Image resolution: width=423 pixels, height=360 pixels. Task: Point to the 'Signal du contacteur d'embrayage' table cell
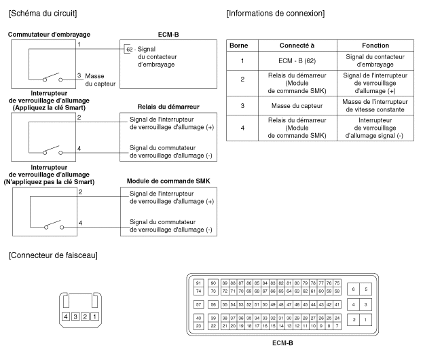(375, 60)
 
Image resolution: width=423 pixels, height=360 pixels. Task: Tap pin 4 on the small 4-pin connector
(66, 317)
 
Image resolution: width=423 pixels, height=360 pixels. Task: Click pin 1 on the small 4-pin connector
(95, 317)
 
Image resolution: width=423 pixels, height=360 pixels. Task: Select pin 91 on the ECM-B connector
(198, 283)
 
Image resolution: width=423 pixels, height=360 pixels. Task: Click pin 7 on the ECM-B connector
(336, 326)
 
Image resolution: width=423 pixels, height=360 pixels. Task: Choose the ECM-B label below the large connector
(282, 344)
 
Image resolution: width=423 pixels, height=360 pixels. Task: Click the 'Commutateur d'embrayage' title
(49, 33)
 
